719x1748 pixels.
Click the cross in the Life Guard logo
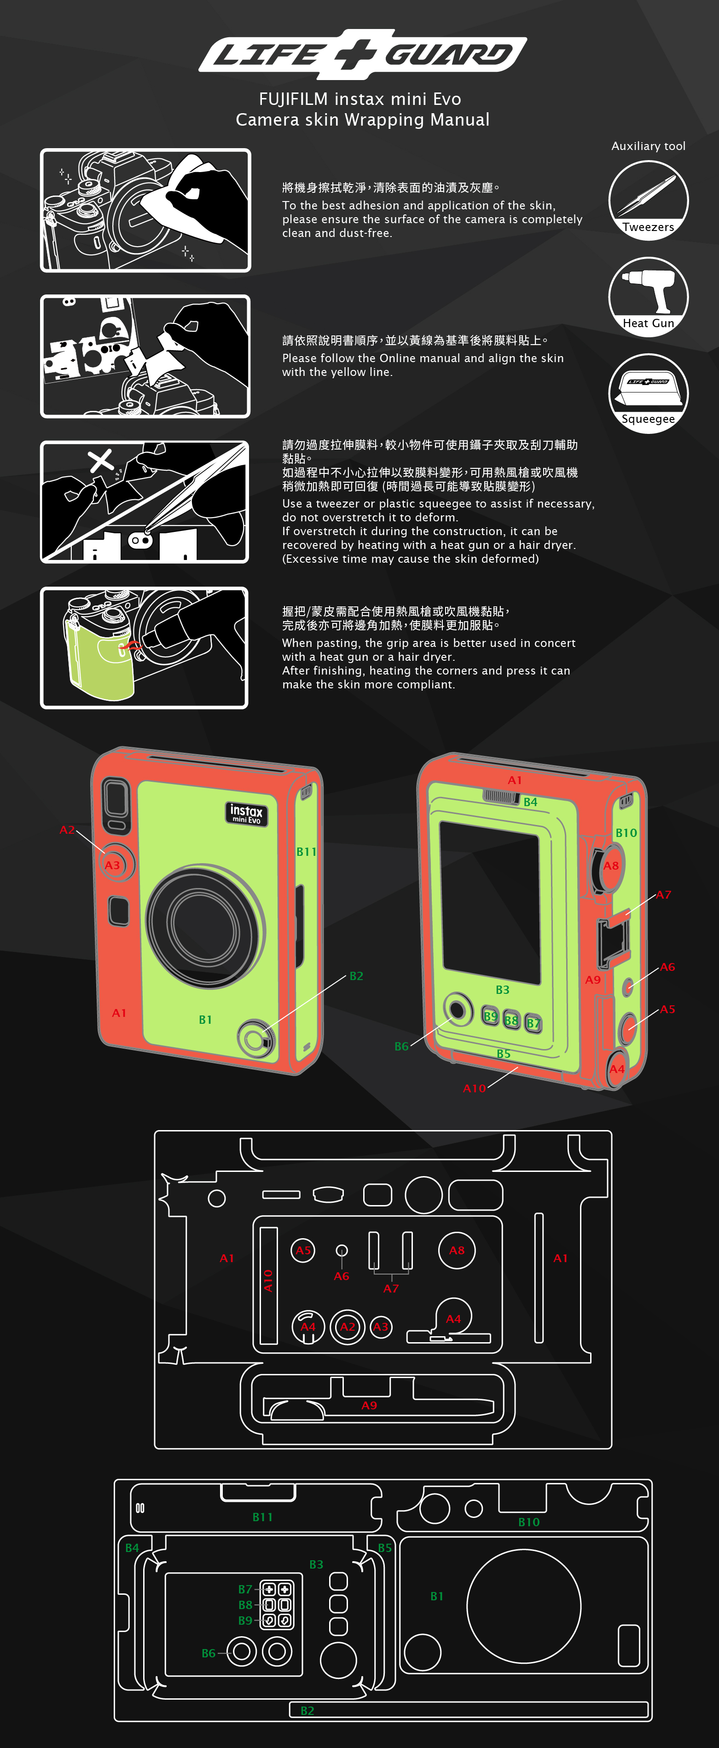[359, 54]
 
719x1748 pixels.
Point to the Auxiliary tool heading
[649, 146]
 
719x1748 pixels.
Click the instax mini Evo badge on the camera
[246, 813]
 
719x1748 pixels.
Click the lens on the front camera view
[206, 925]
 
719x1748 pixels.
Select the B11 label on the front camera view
[306, 852]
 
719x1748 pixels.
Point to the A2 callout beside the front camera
[67, 830]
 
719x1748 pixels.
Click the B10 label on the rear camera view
[626, 833]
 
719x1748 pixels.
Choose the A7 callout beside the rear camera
[663, 894]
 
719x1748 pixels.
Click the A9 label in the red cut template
[369, 1405]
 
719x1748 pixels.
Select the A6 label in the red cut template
[342, 1276]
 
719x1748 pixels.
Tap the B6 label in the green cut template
[209, 1653]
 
